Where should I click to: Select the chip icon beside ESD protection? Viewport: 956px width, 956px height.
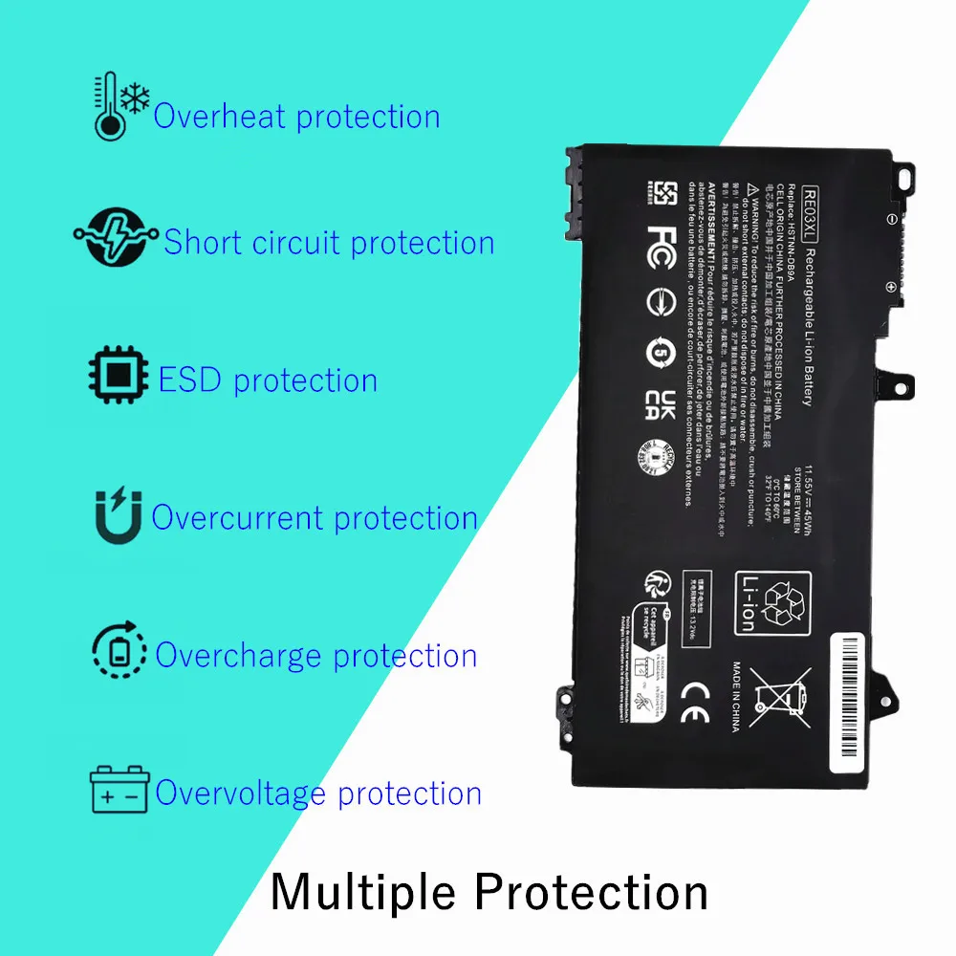click(x=119, y=378)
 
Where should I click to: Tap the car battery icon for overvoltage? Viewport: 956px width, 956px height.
click(x=119, y=791)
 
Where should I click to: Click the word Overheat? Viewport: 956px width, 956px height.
click(x=221, y=117)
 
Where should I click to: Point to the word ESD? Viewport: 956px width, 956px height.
click(x=190, y=380)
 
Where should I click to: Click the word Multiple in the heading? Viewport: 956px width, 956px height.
click(x=363, y=892)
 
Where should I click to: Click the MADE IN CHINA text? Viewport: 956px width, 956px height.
click(x=737, y=697)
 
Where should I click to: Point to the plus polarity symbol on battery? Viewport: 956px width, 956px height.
click(x=890, y=286)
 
